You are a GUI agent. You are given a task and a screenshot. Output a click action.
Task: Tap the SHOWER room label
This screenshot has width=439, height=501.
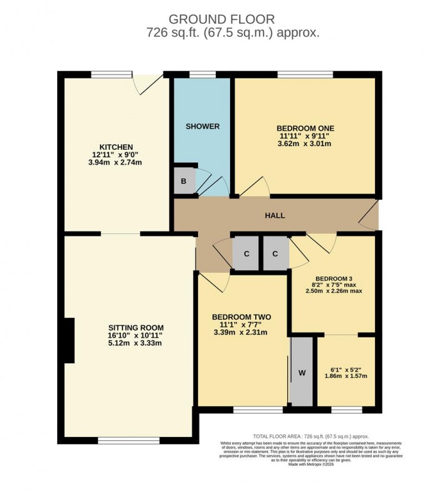[203, 126]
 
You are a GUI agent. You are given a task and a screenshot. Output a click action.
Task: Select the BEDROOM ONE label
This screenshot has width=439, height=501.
[305, 125]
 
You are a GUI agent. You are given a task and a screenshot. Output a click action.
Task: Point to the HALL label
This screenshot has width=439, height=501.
[275, 216]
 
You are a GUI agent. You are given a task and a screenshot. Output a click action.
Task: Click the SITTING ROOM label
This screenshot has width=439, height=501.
[136, 327]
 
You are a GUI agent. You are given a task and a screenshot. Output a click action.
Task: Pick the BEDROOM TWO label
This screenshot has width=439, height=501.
[241, 317]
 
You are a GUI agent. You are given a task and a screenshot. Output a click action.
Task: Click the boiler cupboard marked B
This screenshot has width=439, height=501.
[184, 181]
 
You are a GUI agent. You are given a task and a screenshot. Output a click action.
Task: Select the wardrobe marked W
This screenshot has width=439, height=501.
[302, 372]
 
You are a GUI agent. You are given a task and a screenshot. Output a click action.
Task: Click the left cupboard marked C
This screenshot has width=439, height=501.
[246, 254]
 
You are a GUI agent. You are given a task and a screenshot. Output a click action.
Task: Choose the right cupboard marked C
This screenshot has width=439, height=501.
[275, 254]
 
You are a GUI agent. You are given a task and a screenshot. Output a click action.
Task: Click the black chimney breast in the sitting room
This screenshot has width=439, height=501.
[68, 340]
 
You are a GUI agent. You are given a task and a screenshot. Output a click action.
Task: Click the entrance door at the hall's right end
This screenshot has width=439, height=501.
[370, 214]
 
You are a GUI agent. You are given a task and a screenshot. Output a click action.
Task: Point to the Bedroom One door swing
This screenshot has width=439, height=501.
[257, 186]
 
